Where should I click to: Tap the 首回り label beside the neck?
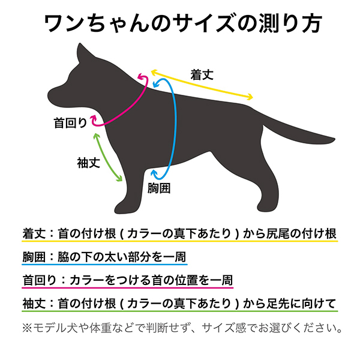70,124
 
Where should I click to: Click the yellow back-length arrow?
204,88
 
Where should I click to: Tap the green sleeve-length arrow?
109,157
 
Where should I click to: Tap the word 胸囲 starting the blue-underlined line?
31,257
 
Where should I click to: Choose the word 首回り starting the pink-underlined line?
37,280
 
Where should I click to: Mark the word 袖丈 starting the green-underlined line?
31,304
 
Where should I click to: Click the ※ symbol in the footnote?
27,329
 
